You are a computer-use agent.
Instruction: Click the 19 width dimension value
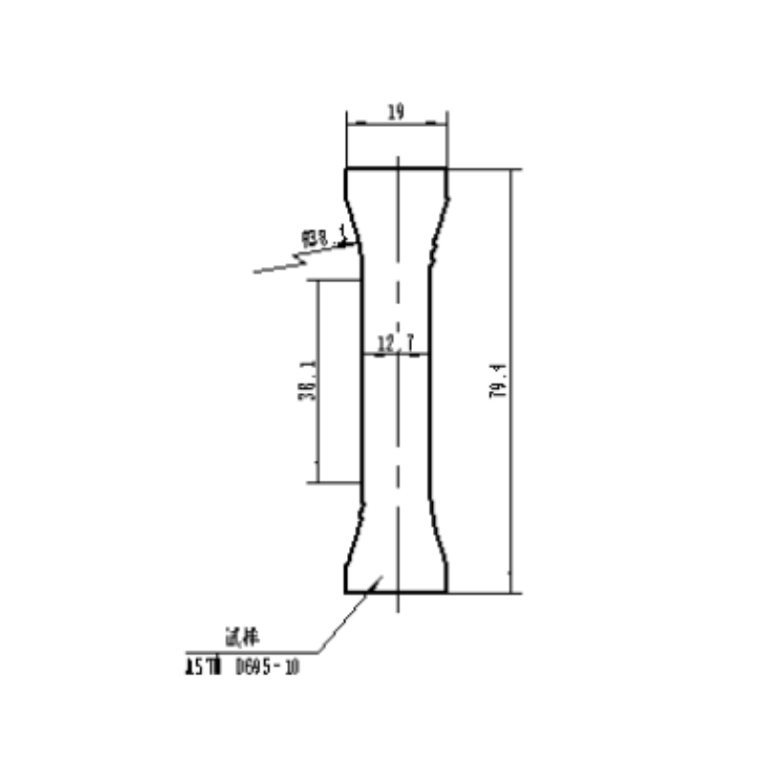tap(395, 112)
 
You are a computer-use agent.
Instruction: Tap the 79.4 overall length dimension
tap(498, 381)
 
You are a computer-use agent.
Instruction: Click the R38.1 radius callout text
tap(323, 236)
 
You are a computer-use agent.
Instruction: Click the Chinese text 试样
tap(233, 636)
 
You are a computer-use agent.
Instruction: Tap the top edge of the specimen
tap(395, 169)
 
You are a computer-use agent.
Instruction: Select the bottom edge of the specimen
tap(395, 592)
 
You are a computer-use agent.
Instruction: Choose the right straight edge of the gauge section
tap(431, 381)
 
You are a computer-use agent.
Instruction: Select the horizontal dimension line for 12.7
tap(396, 354)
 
